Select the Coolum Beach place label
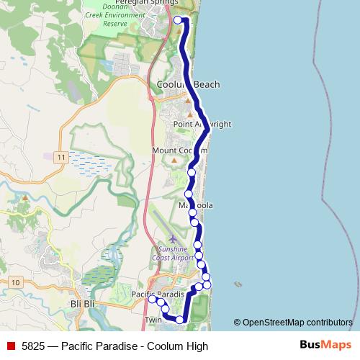[188, 85]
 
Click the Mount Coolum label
[179, 150]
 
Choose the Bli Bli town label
[84, 305]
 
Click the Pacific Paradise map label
[158, 294]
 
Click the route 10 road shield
[16, 282]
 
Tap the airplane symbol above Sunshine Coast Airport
[171, 238]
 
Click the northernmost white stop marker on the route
[179, 19]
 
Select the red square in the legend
[10, 346]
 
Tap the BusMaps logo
[325, 345]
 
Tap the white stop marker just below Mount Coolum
[192, 173]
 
